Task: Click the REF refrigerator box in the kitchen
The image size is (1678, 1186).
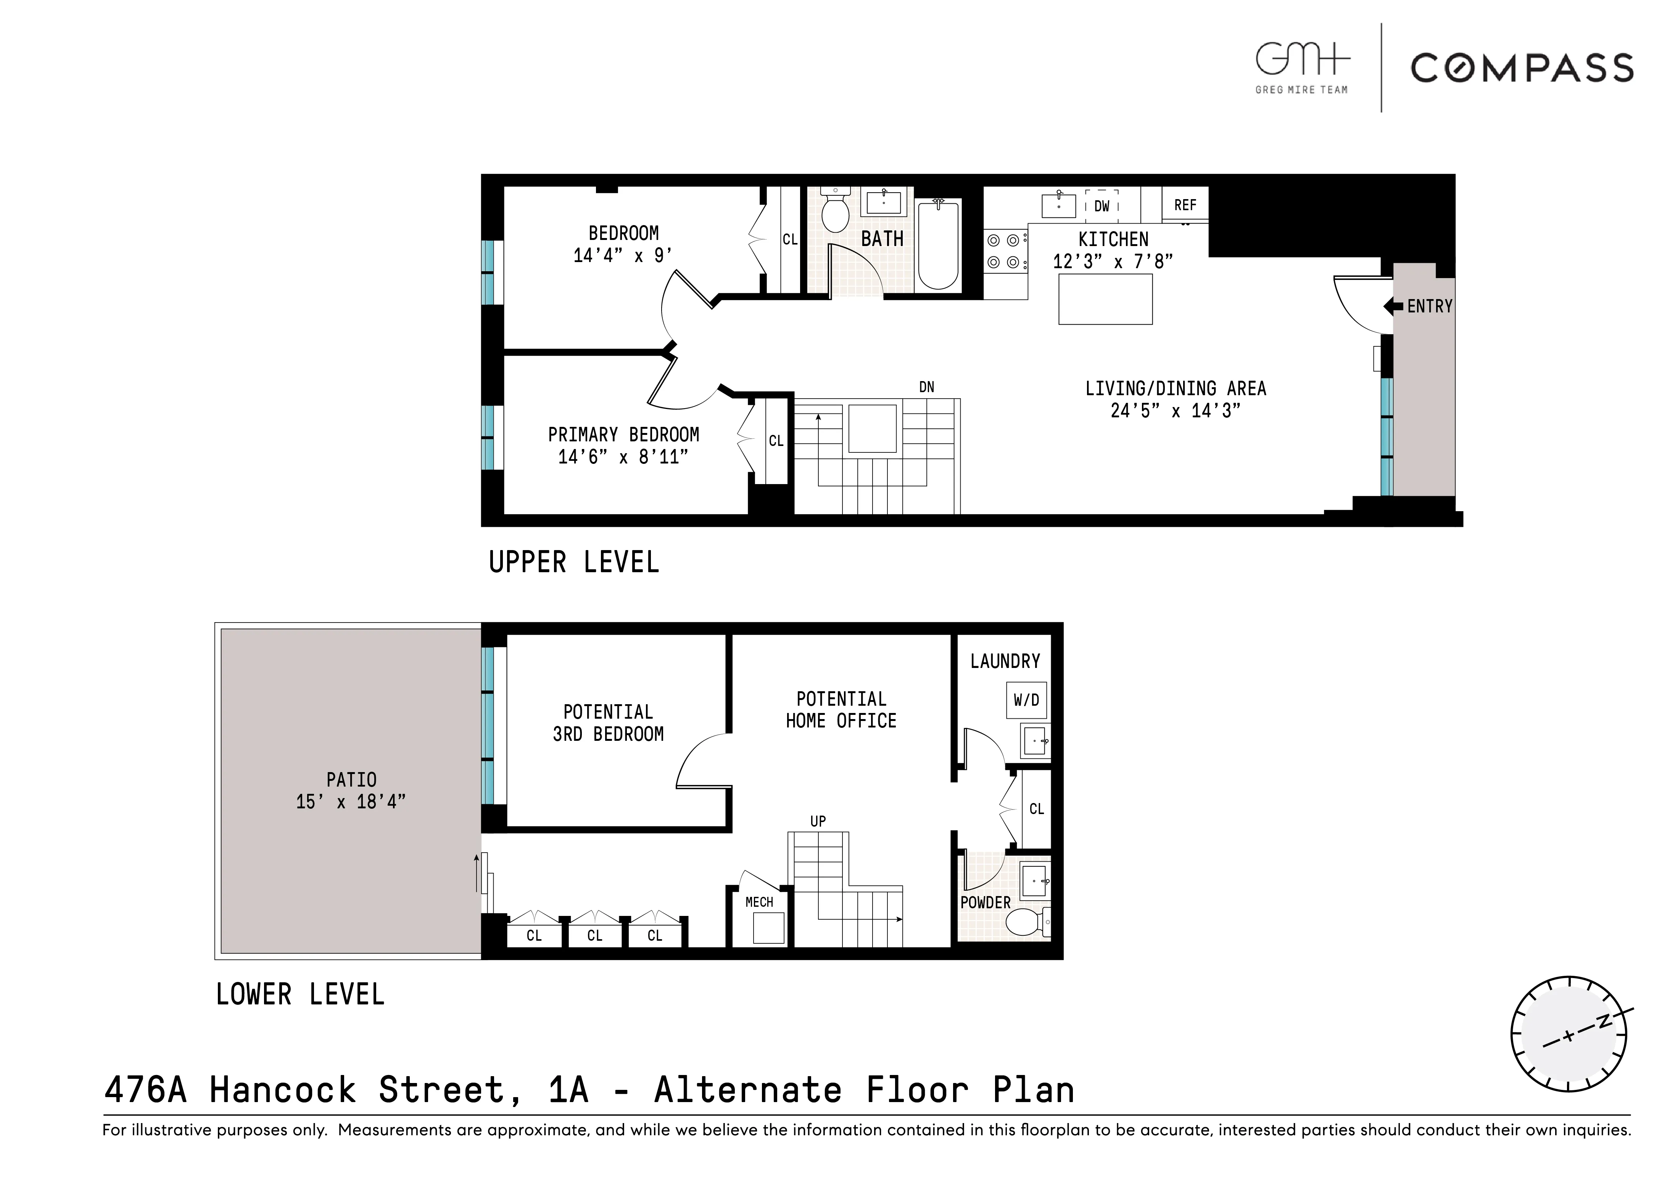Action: (x=1185, y=205)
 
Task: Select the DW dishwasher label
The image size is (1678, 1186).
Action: (x=1101, y=206)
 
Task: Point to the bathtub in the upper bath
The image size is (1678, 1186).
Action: (x=938, y=245)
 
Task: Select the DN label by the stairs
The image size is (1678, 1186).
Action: (x=926, y=387)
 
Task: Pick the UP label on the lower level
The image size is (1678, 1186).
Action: (x=818, y=821)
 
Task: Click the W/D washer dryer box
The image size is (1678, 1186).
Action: (x=1026, y=700)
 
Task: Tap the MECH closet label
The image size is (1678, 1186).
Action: (x=758, y=903)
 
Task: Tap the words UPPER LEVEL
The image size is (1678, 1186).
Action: (x=574, y=563)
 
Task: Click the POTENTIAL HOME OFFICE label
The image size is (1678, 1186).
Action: (x=841, y=710)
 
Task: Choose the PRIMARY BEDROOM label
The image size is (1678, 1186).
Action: (x=623, y=435)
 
